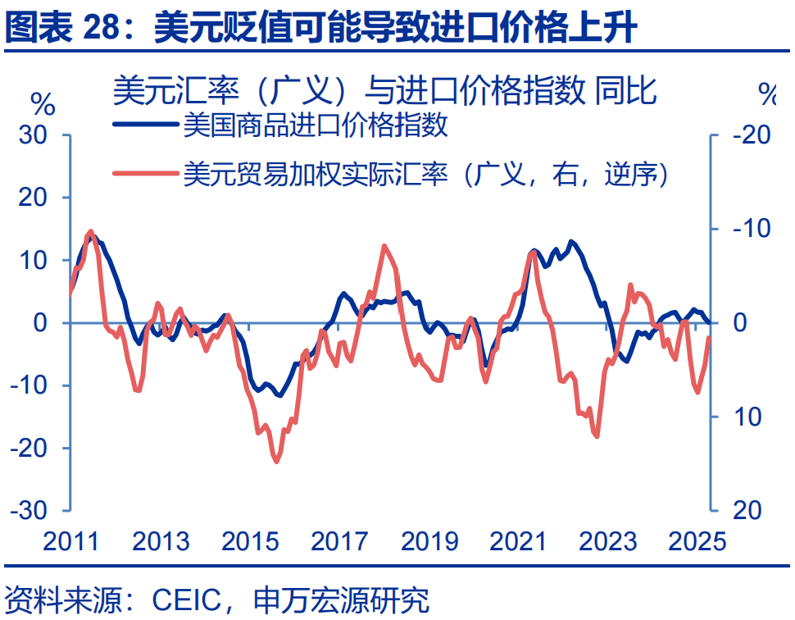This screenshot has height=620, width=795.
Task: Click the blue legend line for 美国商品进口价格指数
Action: (x=144, y=127)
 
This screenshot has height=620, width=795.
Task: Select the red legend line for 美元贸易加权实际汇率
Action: (x=144, y=173)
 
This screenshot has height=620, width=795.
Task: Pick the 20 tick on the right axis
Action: (x=746, y=510)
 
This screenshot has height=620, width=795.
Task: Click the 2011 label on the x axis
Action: (x=70, y=542)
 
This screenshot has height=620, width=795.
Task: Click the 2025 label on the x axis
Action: (x=695, y=542)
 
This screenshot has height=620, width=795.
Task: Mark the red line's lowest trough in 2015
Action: (x=276, y=462)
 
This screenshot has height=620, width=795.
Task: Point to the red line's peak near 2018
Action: (x=384, y=246)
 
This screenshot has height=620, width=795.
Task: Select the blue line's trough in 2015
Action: (x=279, y=395)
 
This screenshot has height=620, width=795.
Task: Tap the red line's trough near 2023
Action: (x=596, y=435)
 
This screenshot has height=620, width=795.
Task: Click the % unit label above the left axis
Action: (x=43, y=104)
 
